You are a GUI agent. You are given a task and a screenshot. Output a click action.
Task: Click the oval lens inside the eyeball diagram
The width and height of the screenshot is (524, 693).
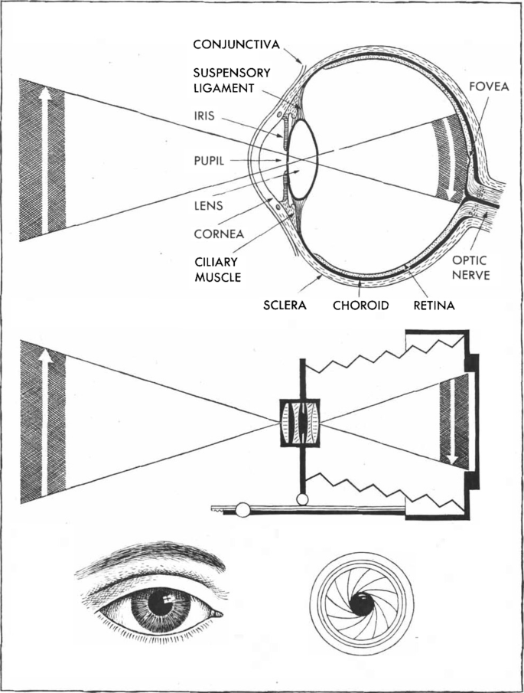coord(304,155)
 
